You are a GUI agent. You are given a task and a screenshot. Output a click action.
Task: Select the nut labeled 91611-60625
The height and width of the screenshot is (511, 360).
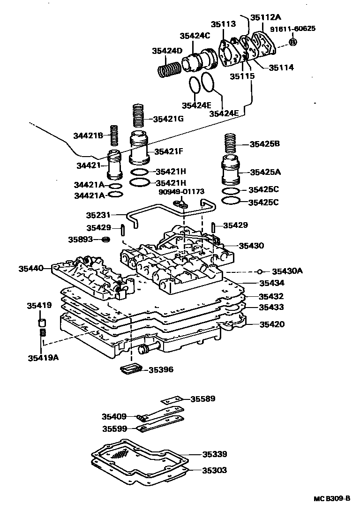(292, 42)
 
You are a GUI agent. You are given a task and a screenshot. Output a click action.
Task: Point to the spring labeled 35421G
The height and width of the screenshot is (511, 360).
(137, 115)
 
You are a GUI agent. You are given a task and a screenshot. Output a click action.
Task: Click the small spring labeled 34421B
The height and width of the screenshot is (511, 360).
(113, 135)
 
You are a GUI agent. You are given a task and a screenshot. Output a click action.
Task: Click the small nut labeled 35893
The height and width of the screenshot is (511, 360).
(106, 240)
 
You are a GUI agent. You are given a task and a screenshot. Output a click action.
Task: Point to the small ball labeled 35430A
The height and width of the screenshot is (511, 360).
(259, 271)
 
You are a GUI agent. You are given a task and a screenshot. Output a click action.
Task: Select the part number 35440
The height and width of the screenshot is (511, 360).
(31, 269)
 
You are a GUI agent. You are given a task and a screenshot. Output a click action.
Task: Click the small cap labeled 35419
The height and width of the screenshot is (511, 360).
(42, 323)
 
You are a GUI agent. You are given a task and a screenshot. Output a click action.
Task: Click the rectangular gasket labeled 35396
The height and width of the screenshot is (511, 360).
(130, 369)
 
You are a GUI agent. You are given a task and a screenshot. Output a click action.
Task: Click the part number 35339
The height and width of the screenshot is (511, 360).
(215, 454)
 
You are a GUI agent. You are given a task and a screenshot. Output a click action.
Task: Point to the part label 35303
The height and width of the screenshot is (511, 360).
(215, 470)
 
